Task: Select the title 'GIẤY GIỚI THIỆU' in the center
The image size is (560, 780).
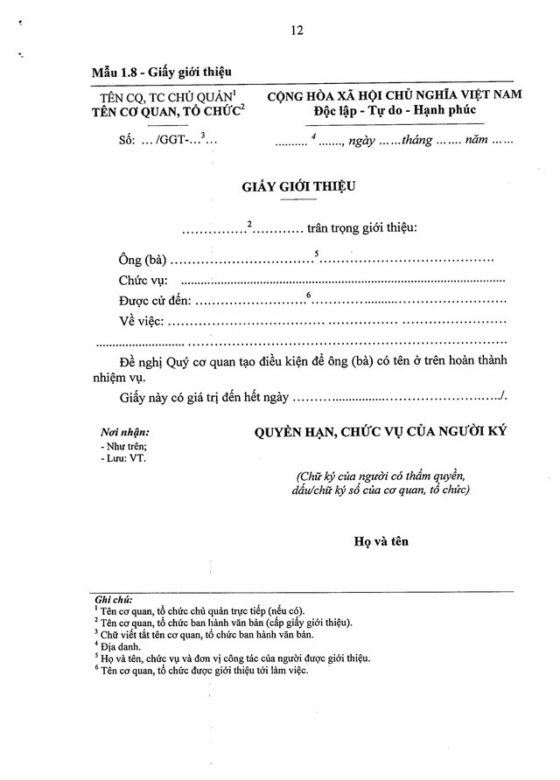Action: click(299, 186)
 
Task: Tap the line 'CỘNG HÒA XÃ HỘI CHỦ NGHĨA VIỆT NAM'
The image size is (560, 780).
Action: click(395, 95)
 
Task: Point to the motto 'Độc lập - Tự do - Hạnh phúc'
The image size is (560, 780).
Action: click(394, 111)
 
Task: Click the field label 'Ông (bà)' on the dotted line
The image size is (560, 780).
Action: click(143, 261)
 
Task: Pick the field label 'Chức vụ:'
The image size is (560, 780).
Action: click(144, 281)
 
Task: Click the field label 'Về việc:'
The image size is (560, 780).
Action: click(142, 321)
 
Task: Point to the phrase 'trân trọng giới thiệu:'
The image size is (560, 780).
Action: click(362, 228)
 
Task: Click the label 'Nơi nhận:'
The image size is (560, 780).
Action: click(124, 432)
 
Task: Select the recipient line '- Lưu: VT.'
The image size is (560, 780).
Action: click(123, 457)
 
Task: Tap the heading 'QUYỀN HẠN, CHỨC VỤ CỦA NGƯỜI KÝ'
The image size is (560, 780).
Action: click(381, 432)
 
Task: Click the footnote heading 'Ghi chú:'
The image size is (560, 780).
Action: click(115, 600)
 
